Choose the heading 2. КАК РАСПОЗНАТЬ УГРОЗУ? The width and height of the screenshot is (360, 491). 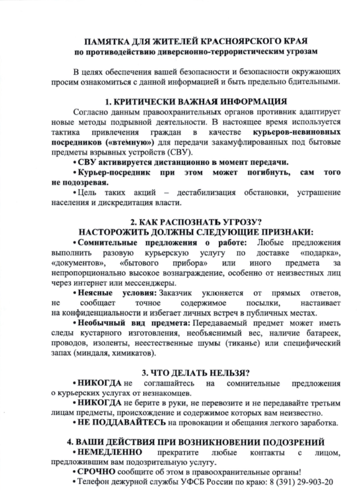[x=195, y=222]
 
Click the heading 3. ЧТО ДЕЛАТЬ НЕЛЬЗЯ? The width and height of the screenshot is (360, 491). [x=195, y=372]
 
